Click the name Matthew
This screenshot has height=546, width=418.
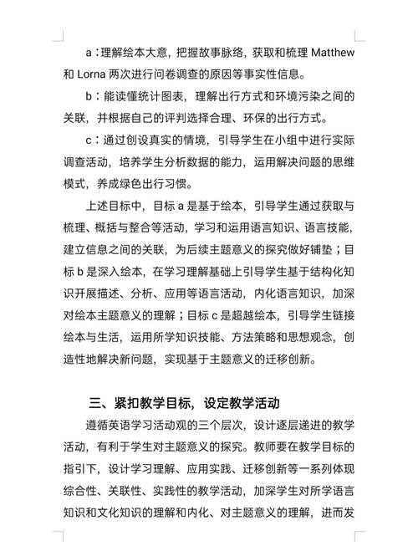coord(332,53)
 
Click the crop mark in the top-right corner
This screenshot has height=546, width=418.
coord(359,36)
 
